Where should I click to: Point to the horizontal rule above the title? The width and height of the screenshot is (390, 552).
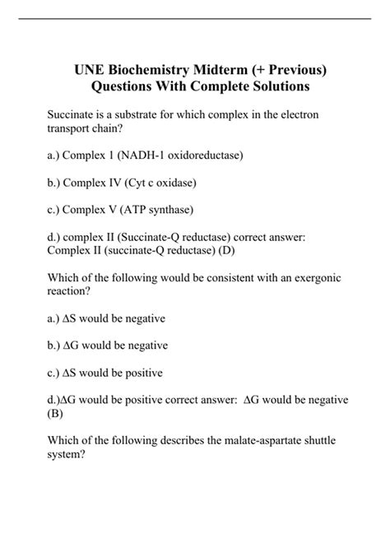tap(195, 19)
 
